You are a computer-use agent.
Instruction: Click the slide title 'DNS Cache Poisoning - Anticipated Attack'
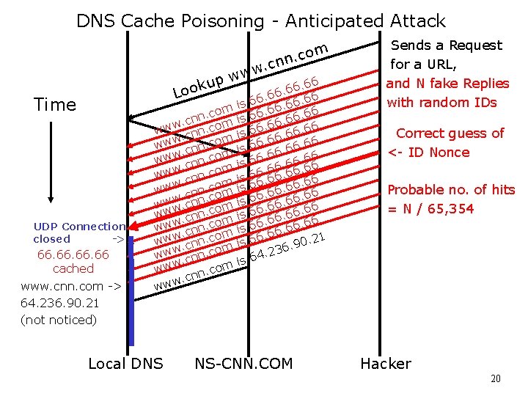click(260, 21)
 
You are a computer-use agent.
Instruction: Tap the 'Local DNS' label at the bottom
click(125, 364)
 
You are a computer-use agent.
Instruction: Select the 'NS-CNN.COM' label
click(243, 364)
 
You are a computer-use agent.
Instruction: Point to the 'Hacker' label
click(386, 364)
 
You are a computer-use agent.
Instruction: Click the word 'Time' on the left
click(55, 105)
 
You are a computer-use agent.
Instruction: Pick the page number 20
click(496, 379)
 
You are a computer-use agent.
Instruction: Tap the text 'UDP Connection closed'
click(78, 232)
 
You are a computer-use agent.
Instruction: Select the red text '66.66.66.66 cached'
click(73, 262)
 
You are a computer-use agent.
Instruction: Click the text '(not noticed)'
click(59, 320)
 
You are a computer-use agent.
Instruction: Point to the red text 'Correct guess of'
click(450, 133)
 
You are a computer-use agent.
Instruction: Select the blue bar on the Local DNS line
click(131, 290)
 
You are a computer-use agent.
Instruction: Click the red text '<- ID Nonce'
click(428, 153)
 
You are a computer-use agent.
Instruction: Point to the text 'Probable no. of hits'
click(451, 190)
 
